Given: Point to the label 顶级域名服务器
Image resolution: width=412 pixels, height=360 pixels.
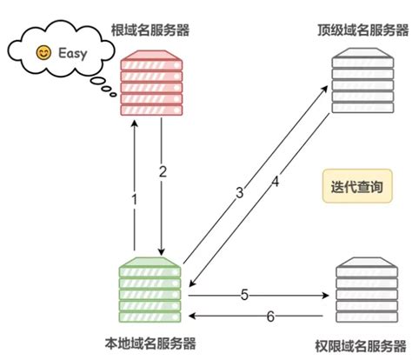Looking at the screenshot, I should point(358,30).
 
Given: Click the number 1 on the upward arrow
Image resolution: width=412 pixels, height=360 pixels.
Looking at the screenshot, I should point(134,199).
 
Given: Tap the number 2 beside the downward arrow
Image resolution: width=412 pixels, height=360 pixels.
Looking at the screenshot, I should point(163,171).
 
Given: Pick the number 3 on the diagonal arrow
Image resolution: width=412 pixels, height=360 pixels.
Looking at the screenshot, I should point(239,192).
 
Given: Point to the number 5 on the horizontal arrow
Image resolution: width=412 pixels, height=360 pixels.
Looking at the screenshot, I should point(244,295).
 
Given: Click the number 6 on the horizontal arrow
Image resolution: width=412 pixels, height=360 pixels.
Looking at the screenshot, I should point(269,317).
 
